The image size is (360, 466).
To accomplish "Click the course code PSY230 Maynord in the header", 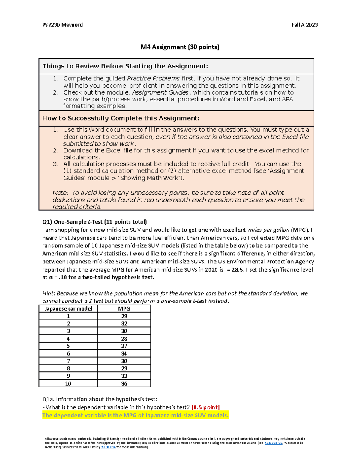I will pos(62,25).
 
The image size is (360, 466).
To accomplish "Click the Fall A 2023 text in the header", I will pos(304,25).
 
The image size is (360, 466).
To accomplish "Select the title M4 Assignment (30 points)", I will pos(180,47).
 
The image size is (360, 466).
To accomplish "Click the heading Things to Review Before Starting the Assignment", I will pos(125,66).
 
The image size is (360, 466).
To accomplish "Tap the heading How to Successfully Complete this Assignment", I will pos(121,118).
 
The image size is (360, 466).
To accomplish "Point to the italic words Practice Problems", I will pos(153,79).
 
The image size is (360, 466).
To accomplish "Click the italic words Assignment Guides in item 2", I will pos(160,92).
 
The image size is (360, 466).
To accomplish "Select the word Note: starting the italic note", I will pos(61,193).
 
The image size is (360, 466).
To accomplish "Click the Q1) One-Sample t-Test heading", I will pos(94,222).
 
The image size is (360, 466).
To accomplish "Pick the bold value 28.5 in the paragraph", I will pos(238,270).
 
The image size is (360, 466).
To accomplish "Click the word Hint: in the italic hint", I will pos(49,293).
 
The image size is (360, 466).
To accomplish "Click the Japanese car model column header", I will pos(68,309).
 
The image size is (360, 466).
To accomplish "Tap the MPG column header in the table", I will pos(124,309).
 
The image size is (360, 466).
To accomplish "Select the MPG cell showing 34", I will pos(124,354).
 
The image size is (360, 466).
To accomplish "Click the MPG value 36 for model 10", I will pos(124,384).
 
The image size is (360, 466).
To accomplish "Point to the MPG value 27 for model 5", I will pos(124,346).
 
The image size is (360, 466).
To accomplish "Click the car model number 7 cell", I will pos(68,361).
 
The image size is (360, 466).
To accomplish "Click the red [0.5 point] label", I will pos(205,407).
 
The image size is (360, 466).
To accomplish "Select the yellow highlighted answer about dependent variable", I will pos(135,416).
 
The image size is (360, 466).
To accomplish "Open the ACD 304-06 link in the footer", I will pos(273,443).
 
